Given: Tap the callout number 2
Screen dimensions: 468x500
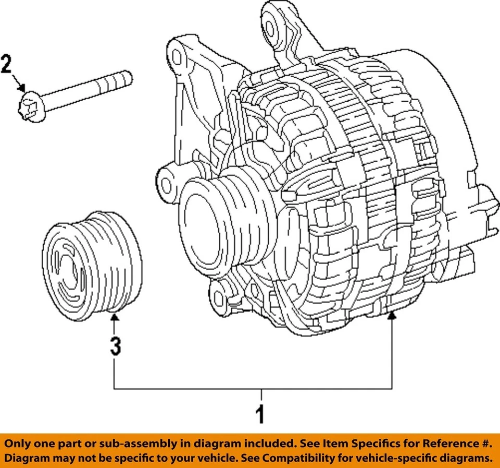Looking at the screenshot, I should point(7,65).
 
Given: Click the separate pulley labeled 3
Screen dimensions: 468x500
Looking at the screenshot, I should point(92,267).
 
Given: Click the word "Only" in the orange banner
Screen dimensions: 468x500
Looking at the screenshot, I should point(20,444).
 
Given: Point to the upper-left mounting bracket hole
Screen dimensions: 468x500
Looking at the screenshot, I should point(177,56).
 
